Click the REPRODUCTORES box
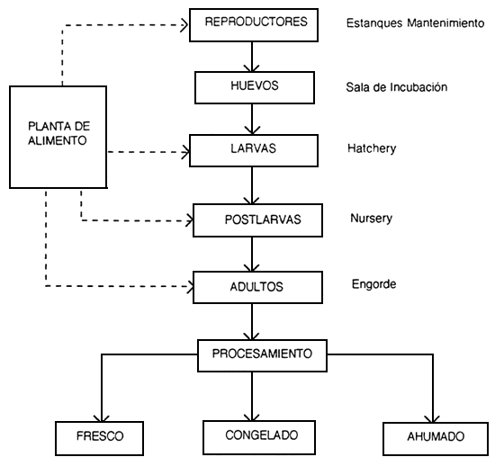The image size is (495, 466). tap(254, 24)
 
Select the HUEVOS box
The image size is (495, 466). tap(254, 86)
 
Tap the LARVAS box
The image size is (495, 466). tap(254, 148)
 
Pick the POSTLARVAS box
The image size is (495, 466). tap(257, 219)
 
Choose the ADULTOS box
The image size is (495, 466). tap(257, 287)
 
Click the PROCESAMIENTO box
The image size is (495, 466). tap(261, 354)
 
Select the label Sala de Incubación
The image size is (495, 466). tap(397, 87)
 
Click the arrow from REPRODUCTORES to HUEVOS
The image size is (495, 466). tap(254, 55)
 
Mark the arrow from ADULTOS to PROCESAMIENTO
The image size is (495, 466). tap(257, 319)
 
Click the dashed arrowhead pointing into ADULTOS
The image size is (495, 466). tap(189, 288)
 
